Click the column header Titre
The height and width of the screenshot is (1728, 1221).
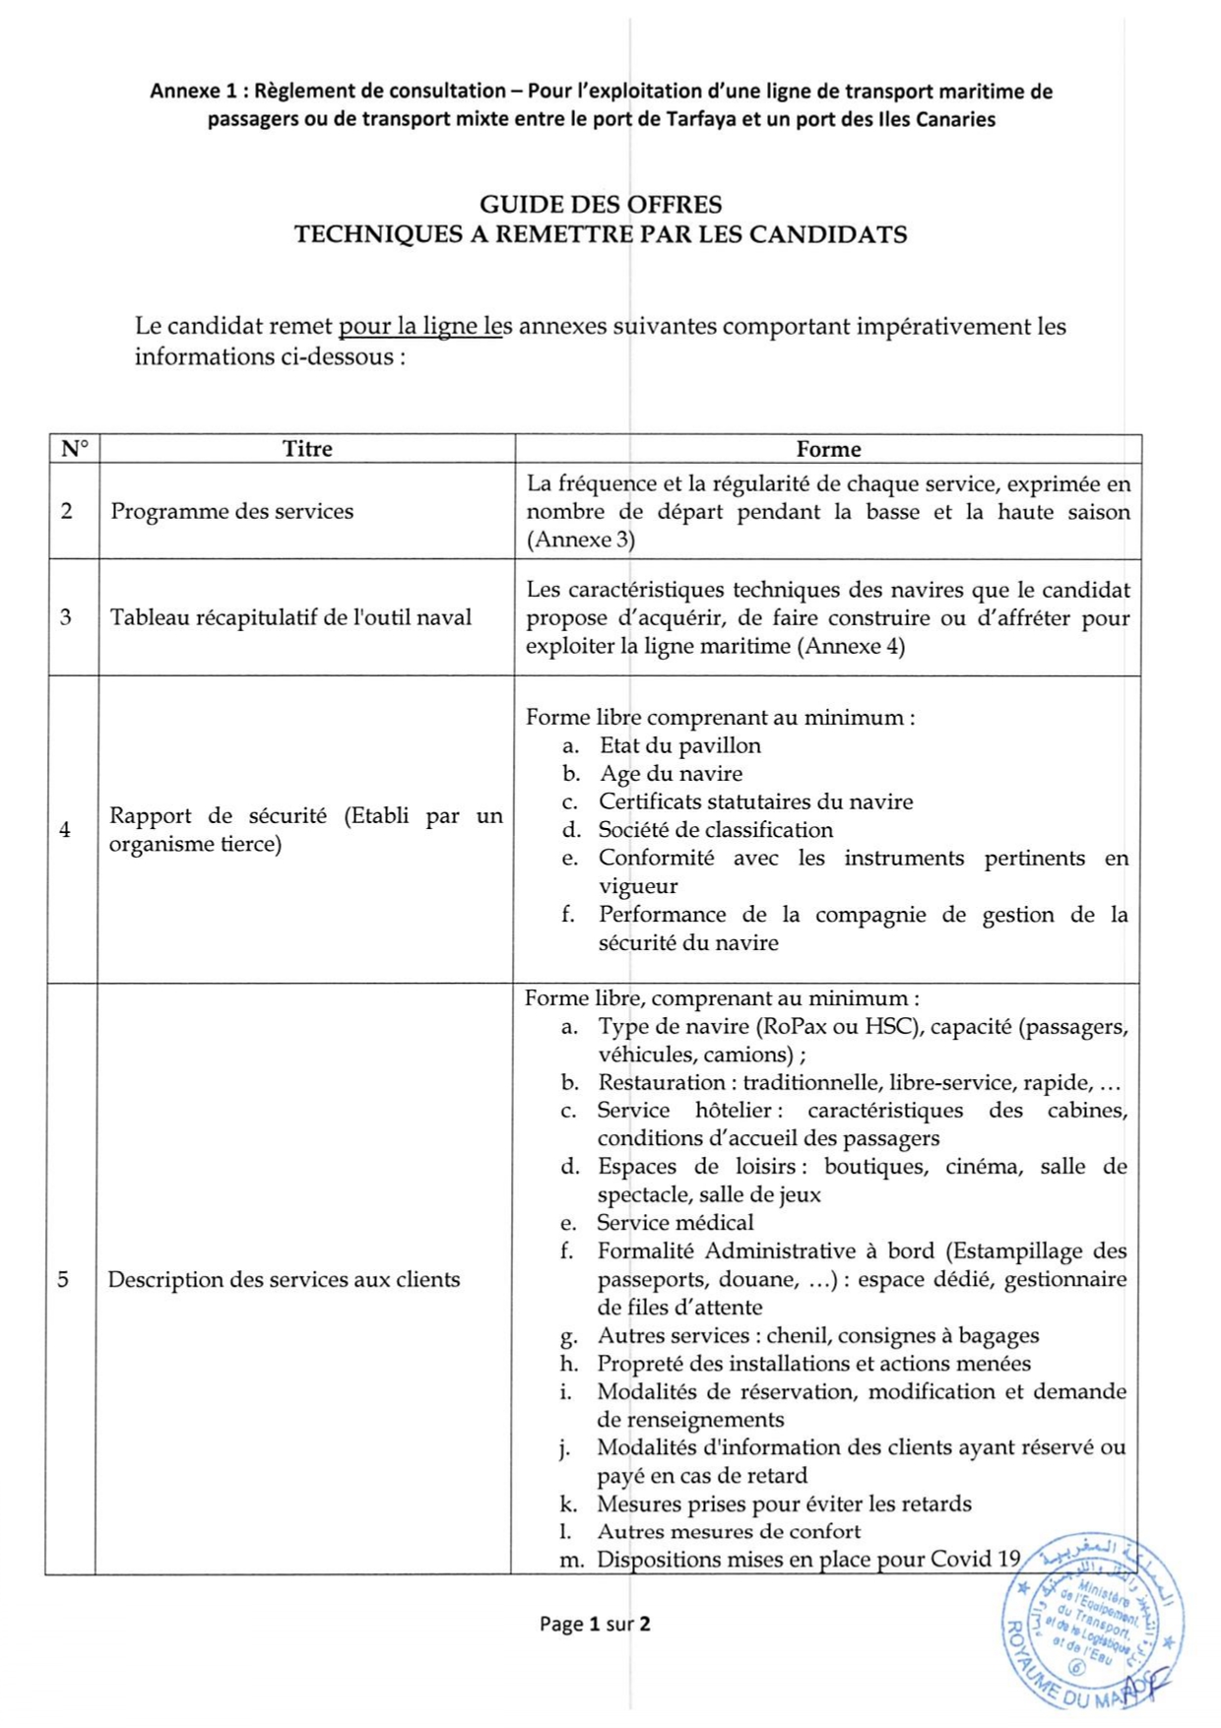click(307, 449)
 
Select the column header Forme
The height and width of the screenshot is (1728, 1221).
click(828, 449)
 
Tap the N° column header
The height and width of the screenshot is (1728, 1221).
click(74, 449)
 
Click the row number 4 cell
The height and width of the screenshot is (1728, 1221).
click(65, 829)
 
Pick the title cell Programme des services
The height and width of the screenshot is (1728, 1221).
click(231, 511)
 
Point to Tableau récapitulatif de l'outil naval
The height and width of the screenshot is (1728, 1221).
click(290, 617)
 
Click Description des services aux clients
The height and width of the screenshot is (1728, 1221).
click(284, 1279)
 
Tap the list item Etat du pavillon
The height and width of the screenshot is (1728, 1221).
click(680, 745)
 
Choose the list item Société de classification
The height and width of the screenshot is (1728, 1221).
click(716, 830)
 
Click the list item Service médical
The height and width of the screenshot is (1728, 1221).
click(675, 1223)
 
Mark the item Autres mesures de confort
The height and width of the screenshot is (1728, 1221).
click(729, 1531)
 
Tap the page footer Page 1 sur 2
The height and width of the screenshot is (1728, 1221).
click(595, 1624)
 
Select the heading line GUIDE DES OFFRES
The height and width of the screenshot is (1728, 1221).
click(601, 205)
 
